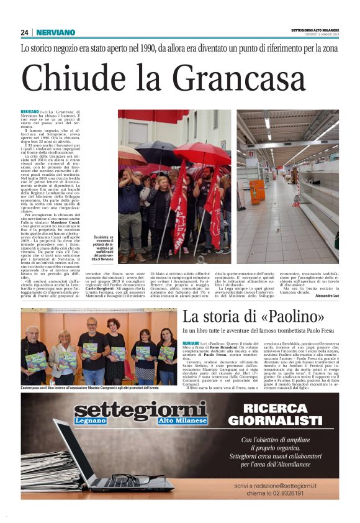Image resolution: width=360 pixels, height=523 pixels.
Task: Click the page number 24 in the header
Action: coord(24,32)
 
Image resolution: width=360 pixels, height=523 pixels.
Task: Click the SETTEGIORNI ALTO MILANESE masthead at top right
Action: coord(315,30)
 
